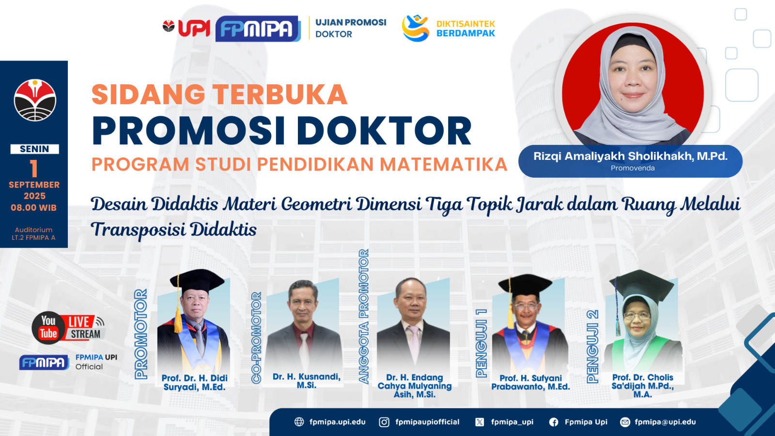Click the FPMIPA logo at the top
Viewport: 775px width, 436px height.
pos(258,29)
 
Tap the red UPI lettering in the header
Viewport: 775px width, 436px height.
pos(194,28)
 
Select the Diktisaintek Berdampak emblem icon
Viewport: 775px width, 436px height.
pos(415,28)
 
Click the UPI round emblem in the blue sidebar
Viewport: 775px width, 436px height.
pos(35,100)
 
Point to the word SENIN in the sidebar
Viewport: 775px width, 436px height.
pos(34,149)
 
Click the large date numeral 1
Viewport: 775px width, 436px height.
pos(33,169)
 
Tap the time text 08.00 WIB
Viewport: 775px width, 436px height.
pos(33,208)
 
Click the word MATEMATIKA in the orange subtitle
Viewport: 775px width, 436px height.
pos(444,164)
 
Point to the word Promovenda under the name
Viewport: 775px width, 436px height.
pos(633,168)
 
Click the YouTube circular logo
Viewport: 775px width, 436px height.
pos(48,328)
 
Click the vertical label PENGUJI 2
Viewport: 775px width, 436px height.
pos(593,346)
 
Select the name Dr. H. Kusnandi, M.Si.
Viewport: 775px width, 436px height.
pos(307,381)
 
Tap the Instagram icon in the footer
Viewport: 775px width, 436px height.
pos(384,422)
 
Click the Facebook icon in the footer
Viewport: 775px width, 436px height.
pos(554,422)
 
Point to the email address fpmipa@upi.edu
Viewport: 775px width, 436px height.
pos(665,422)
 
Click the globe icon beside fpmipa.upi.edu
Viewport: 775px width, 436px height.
pos(299,422)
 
